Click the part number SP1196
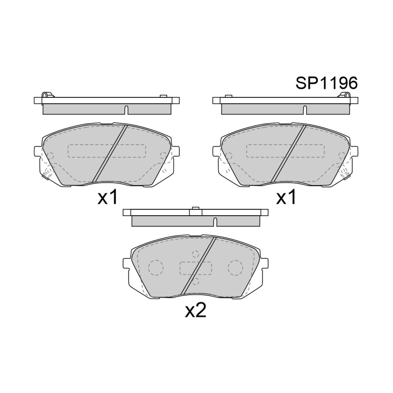tap(327, 83)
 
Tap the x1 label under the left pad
tap(107, 197)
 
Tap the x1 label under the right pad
tap(286, 197)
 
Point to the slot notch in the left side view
tap(126, 110)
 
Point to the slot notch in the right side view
tap(305, 110)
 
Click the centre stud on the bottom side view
tap(196, 208)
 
